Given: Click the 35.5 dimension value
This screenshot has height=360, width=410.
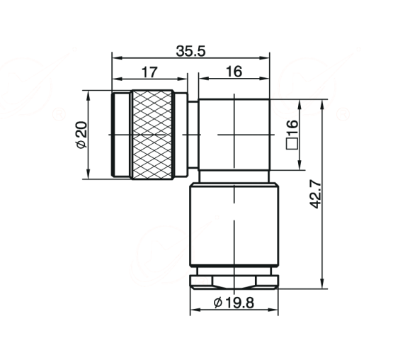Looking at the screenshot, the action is tap(190, 51).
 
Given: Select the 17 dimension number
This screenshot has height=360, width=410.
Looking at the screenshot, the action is tap(149, 72).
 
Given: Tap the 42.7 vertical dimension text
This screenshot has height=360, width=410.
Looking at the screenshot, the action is tap(315, 194).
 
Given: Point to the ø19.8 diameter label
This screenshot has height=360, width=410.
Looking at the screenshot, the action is tap(234, 303).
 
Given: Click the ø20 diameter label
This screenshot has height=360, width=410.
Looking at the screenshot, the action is tap(81, 135).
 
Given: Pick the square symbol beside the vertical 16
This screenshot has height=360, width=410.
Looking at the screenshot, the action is tap(292, 144).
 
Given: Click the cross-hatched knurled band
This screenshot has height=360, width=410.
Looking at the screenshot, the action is tap(152, 135).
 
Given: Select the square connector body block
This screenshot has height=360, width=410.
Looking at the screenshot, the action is tap(234, 135).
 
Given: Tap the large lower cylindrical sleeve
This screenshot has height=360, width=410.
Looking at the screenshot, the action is tap(234, 225).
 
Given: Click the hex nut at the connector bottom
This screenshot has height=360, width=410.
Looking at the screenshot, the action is tap(234, 282).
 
